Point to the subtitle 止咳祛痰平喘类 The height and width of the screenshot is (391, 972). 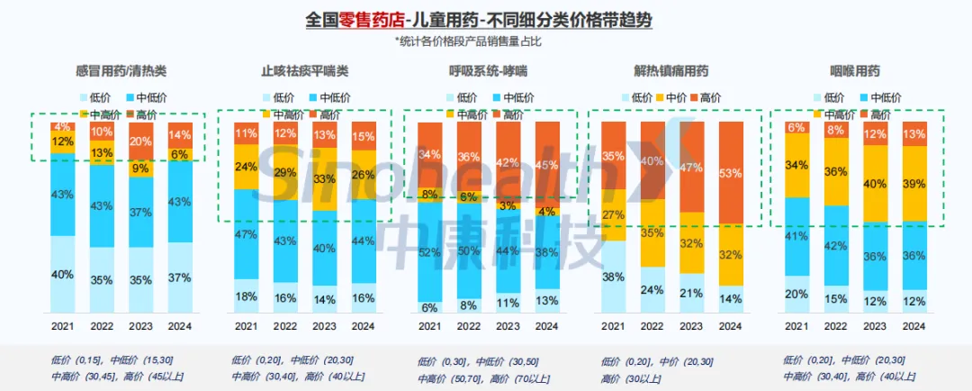pyautogui.click(x=304, y=71)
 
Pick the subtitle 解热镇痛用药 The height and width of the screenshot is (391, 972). pyautogui.click(x=670, y=71)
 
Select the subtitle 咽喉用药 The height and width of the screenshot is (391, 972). pyautogui.click(x=854, y=71)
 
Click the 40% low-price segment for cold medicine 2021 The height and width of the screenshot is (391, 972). pyautogui.click(x=62, y=274)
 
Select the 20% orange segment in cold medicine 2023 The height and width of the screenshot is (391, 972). pyautogui.click(x=140, y=141)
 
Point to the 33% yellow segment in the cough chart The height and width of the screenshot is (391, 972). pyautogui.click(x=325, y=179)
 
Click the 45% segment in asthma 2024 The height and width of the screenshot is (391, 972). pyautogui.click(x=545, y=165)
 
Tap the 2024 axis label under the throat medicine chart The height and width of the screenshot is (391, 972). pyautogui.click(x=914, y=325)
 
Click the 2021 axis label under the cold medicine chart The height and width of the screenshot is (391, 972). pyautogui.click(x=62, y=325)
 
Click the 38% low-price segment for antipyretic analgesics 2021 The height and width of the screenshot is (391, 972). pyautogui.click(x=614, y=277)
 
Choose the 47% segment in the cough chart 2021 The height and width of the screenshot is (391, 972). pyautogui.click(x=246, y=234)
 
